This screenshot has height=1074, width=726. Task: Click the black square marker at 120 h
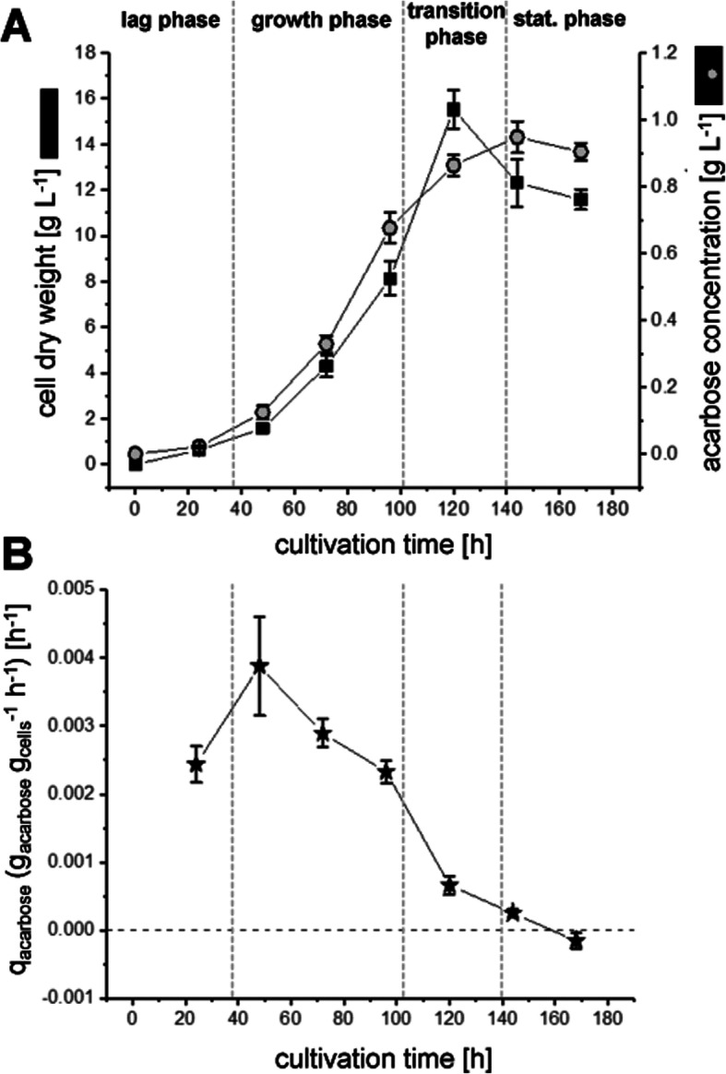pos(453,110)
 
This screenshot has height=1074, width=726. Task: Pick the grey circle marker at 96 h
pos(390,228)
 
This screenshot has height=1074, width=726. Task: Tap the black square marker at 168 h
pos(580,199)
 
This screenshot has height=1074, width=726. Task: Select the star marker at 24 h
pos(196,765)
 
